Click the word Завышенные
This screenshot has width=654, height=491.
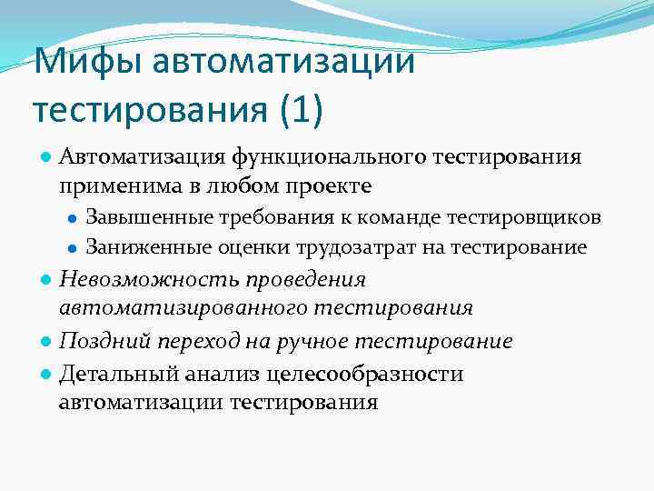(149, 217)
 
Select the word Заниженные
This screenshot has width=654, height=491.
(147, 246)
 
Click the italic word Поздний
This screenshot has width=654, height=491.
(99, 341)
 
